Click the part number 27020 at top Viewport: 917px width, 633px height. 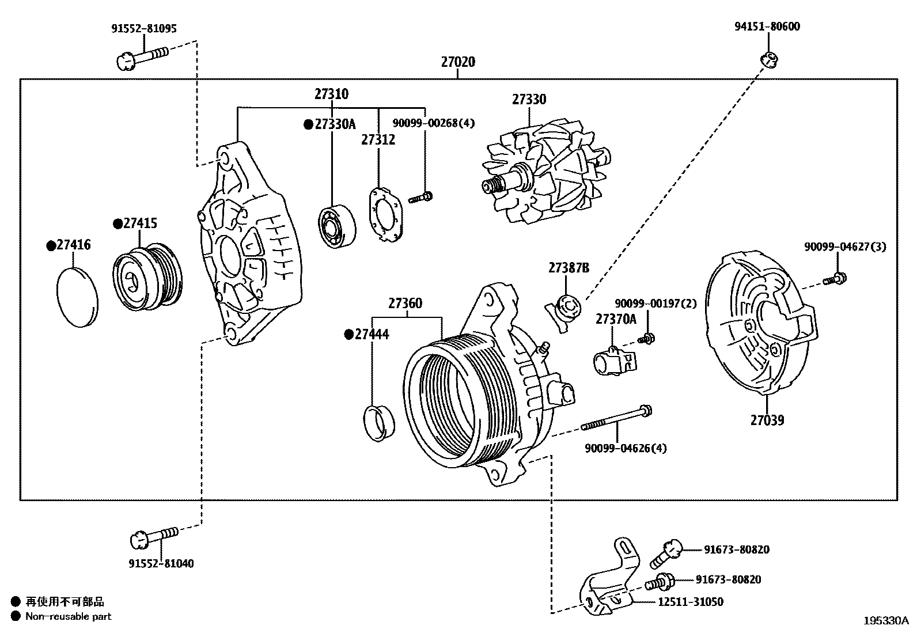(458, 62)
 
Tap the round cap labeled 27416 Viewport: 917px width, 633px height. (78, 297)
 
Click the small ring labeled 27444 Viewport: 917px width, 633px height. (379, 423)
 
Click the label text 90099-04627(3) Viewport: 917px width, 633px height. (845, 247)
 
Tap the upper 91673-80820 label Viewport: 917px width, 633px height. (736, 549)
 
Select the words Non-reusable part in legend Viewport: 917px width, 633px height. (68, 616)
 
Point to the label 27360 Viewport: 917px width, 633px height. (405, 303)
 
